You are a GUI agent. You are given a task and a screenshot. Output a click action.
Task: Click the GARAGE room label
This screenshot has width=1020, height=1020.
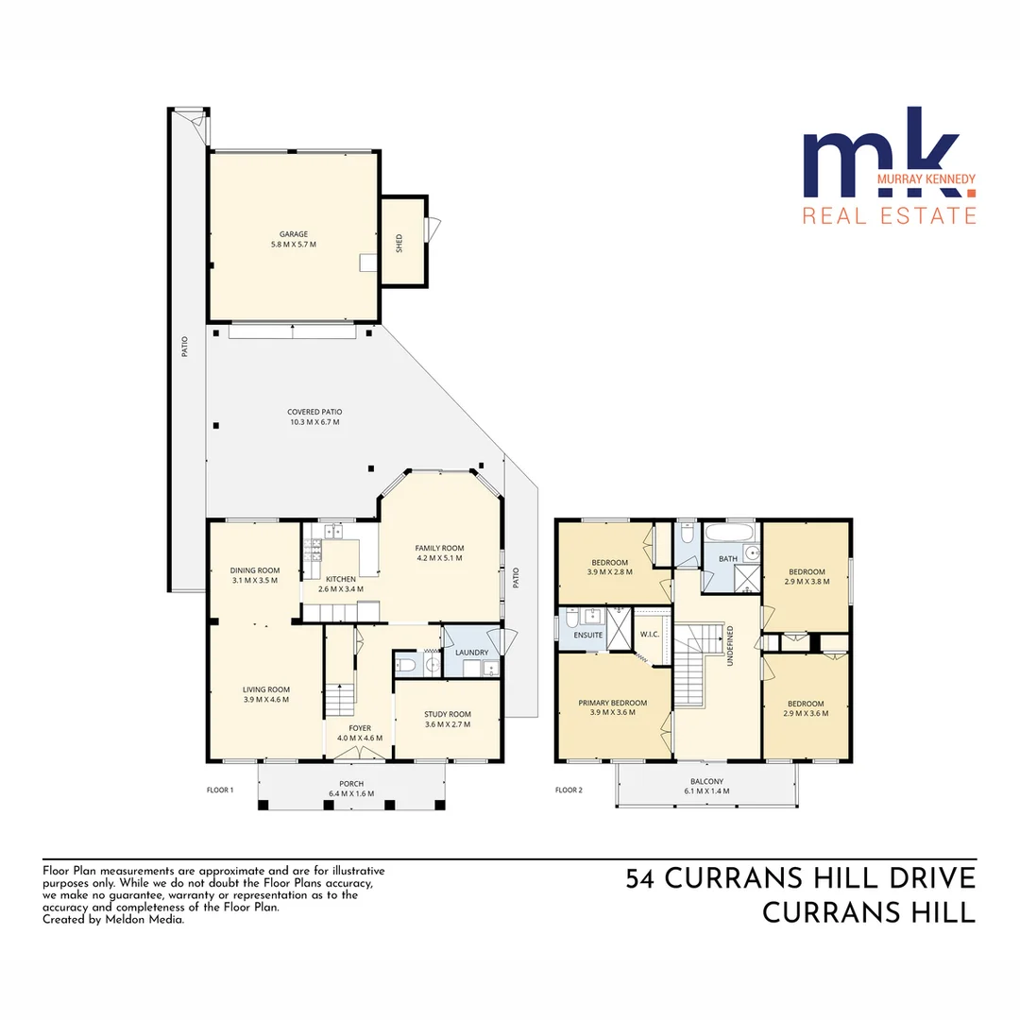tap(293, 234)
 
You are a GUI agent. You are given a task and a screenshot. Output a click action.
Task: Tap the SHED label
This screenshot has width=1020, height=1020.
tap(399, 244)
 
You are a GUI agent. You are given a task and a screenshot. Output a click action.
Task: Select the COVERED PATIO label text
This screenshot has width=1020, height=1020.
tap(314, 412)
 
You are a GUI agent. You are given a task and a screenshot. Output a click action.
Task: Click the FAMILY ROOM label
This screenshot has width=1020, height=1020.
tap(439, 548)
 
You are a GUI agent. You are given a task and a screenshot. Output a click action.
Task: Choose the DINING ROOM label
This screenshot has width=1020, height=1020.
tap(255, 569)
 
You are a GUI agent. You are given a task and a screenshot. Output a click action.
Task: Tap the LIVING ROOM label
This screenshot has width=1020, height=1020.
tap(265, 689)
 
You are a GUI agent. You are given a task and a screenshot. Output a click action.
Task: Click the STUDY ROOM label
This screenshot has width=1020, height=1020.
tap(447, 714)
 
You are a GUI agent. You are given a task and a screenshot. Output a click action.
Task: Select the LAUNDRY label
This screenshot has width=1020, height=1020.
tap(471, 653)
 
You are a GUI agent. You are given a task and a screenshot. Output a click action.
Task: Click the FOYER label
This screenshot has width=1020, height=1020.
tap(360, 728)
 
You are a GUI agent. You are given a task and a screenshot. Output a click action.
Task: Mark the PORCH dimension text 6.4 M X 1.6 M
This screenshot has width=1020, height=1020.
tap(351, 793)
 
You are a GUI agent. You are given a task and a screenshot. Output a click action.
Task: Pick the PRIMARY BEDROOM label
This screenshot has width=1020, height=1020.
tap(613, 703)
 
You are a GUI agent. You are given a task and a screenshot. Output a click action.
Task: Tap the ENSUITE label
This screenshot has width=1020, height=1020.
tap(587, 635)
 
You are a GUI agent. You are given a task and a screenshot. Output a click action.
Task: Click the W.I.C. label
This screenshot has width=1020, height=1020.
tap(649, 635)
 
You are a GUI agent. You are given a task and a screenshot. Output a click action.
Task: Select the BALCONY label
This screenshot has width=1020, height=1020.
tap(706, 781)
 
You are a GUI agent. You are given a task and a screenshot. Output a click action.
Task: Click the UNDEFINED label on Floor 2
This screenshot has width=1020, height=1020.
tap(730, 646)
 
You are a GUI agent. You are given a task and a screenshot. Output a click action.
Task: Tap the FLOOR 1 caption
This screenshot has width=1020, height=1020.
tap(219, 790)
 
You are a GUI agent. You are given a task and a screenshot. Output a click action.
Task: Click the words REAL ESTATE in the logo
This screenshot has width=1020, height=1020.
tap(889, 216)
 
